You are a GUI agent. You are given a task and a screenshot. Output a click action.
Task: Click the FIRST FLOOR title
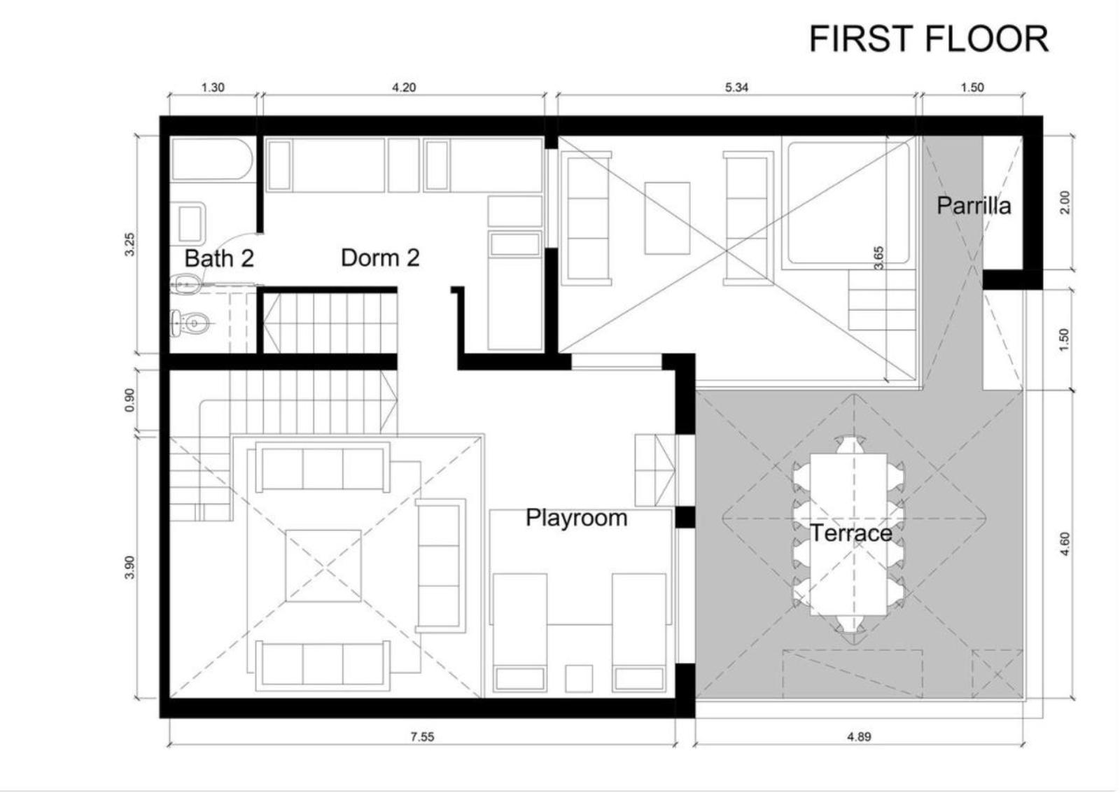928,39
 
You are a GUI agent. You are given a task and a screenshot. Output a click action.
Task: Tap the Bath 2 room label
219,258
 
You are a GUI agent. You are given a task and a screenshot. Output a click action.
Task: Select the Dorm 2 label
380,258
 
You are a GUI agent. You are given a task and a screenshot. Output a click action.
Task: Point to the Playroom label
576,518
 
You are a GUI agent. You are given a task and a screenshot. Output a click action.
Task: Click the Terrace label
851,533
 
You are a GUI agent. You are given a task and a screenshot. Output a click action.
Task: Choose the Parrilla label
974,206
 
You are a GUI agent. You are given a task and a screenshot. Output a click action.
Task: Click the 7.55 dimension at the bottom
423,737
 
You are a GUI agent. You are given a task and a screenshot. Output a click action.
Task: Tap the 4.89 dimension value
859,736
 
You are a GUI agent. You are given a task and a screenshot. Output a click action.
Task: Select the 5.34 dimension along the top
736,87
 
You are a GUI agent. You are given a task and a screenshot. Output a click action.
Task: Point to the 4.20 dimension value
403,87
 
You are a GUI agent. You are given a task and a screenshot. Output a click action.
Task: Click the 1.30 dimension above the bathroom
213,87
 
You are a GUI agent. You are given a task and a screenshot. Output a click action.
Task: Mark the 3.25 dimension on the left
130,244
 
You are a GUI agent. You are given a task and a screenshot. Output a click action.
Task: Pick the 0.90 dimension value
130,400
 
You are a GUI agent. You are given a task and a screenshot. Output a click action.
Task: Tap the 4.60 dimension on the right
1065,544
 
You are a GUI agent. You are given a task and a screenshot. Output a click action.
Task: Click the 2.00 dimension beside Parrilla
1065,202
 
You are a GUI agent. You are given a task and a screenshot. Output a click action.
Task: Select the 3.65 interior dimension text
878,258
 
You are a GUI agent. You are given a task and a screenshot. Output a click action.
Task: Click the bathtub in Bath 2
212,160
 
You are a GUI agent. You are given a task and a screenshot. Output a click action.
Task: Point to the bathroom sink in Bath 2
189,223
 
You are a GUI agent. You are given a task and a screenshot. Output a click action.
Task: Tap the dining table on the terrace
848,535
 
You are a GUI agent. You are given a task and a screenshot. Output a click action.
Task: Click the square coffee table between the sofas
323,566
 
